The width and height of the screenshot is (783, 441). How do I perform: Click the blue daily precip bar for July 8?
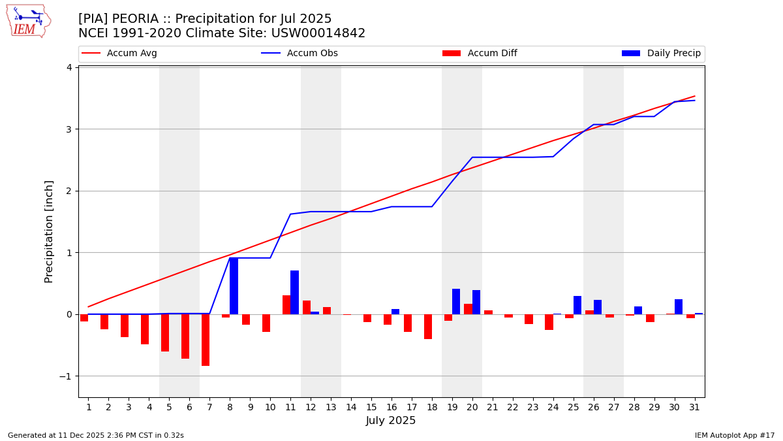click(234, 286)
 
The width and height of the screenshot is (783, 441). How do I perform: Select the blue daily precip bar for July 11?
click(294, 292)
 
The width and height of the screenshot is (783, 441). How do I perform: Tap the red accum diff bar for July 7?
click(206, 340)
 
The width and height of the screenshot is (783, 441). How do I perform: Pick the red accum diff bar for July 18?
click(428, 327)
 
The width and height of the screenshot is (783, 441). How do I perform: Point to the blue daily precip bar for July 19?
click(456, 301)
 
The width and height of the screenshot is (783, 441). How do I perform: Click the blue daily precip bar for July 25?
click(577, 305)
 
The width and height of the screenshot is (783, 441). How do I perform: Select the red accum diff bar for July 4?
click(145, 329)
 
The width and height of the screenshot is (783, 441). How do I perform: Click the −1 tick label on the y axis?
click(67, 376)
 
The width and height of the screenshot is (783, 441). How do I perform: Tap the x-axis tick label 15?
click(371, 407)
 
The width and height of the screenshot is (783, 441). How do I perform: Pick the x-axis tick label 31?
click(694, 407)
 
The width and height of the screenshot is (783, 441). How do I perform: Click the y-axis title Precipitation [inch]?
click(49, 231)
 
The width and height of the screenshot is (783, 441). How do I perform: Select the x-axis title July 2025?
click(391, 421)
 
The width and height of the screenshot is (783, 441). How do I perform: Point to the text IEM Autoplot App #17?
click(735, 435)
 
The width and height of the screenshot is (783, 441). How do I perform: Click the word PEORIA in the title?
click(138, 19)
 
